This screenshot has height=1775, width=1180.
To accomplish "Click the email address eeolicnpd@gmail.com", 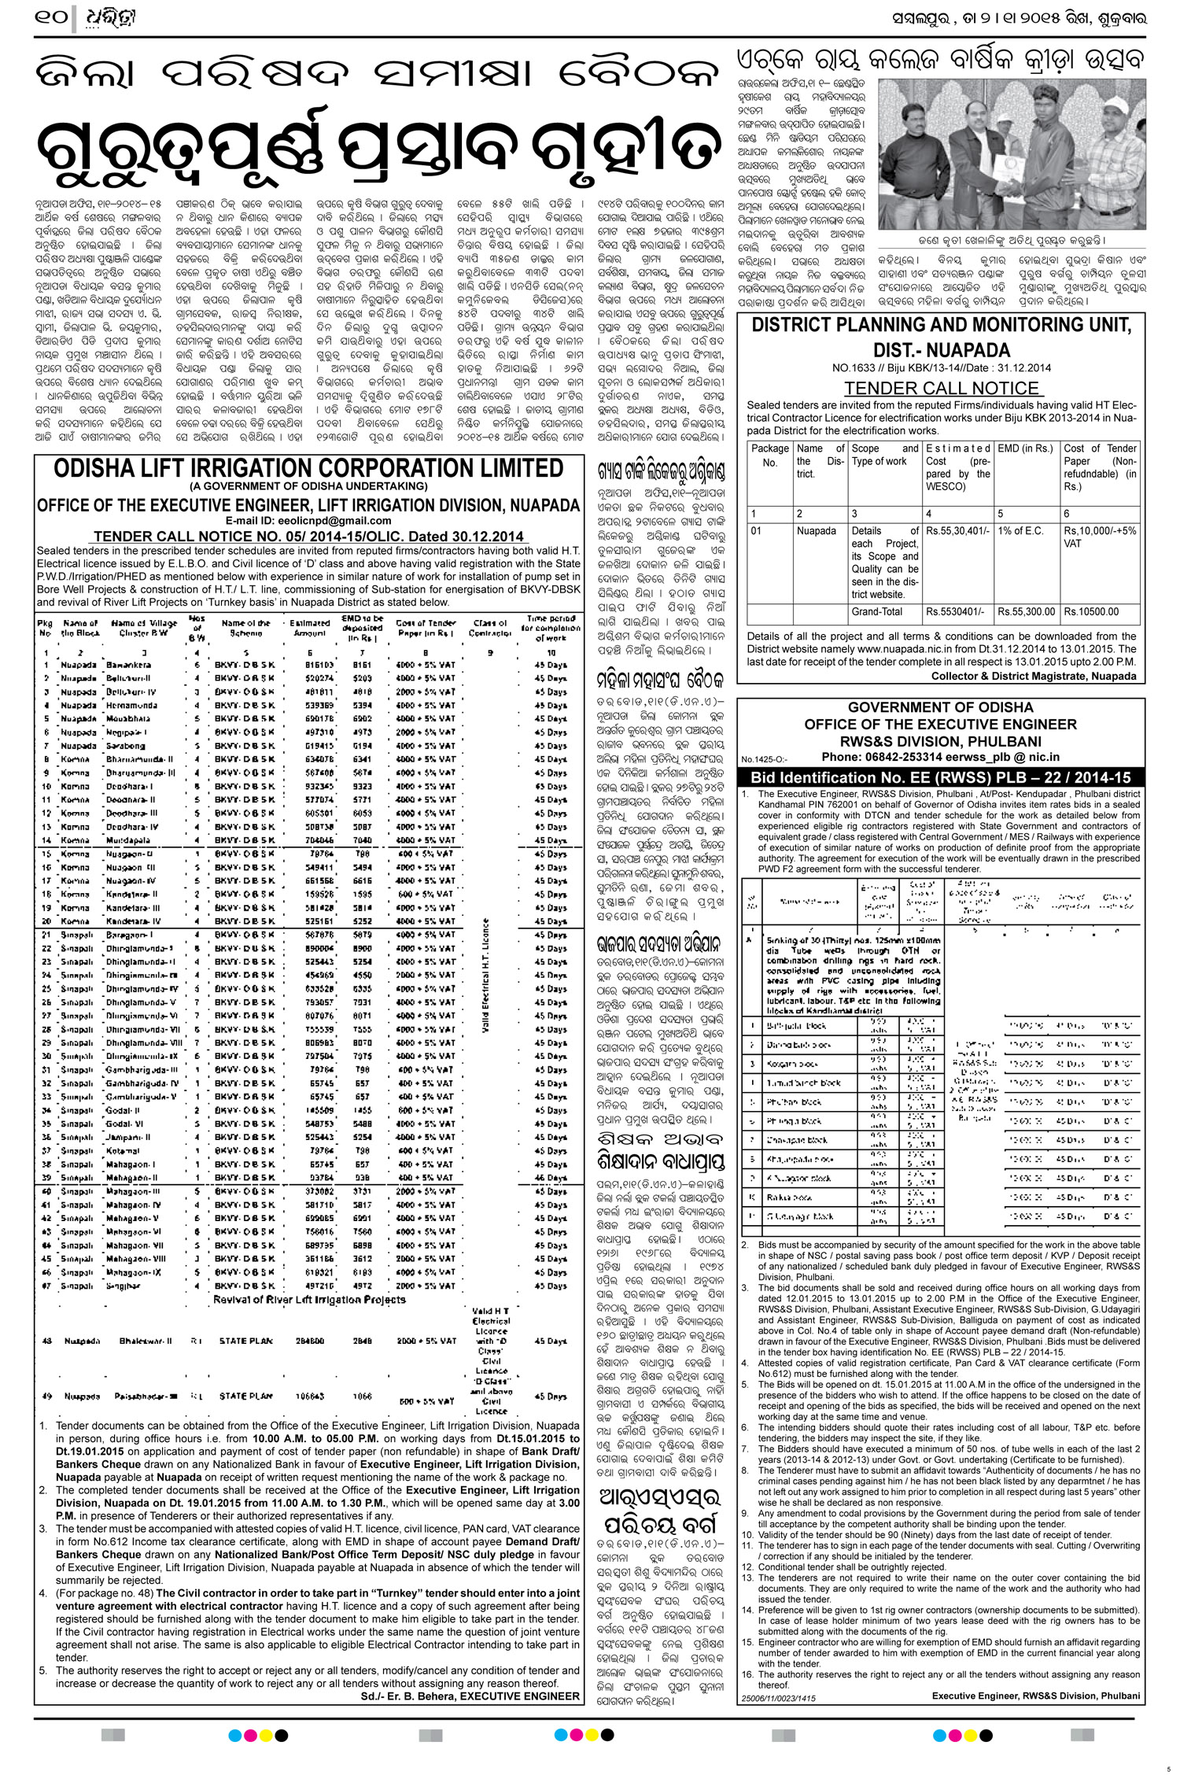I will click(344, 521).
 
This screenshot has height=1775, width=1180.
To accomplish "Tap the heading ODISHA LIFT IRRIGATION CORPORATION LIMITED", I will click(308, 469).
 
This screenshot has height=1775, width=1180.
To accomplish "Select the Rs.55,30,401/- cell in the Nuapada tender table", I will click(957, 531).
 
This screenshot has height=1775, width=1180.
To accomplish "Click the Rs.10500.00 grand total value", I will click(1091, 611).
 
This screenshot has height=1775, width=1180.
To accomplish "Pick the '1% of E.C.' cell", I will click(1025, 531).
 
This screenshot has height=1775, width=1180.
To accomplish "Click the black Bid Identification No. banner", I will click(940, 777).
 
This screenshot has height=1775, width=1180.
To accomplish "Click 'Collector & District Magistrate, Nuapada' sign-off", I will click(1034, 676).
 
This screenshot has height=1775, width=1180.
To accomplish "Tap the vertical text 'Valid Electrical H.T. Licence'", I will click(485, 976).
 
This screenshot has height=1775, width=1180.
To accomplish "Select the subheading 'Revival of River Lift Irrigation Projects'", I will click(309, 1299).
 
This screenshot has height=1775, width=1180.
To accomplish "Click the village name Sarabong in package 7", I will click(125, 746).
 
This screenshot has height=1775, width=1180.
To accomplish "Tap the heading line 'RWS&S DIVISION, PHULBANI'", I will click(940, 741).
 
